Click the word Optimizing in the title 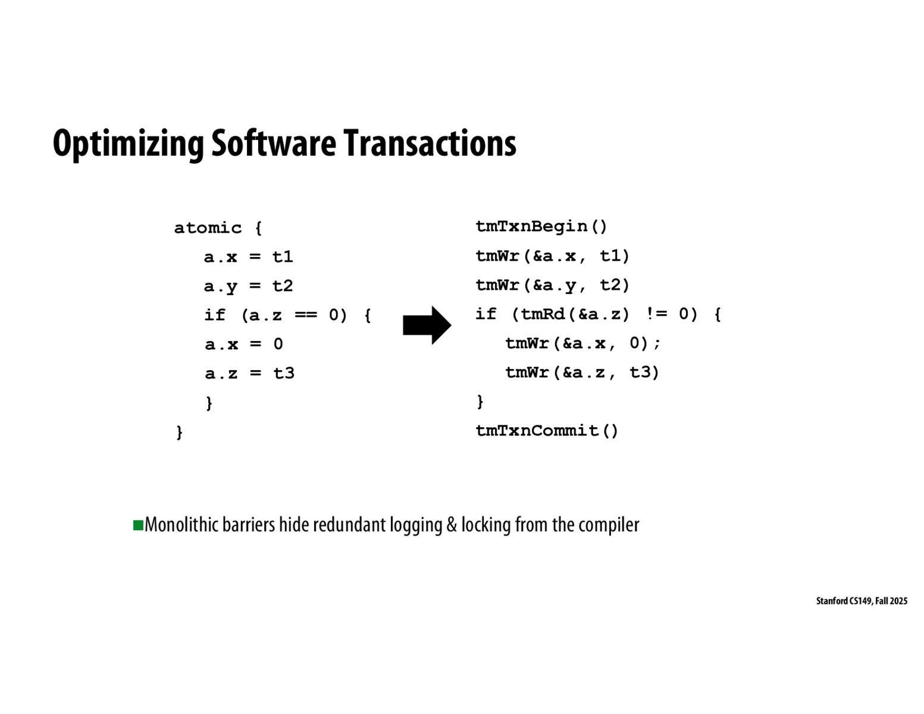129,145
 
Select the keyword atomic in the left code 208,228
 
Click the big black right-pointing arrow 427,325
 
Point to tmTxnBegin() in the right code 541,227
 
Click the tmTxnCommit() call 547,431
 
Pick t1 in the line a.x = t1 283,257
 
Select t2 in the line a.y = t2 283,286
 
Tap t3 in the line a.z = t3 284,374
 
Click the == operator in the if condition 306,315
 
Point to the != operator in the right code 656,314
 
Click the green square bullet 138,525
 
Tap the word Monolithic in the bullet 182,525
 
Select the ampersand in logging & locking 452,525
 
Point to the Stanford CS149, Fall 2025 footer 862,600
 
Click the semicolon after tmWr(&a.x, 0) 657,344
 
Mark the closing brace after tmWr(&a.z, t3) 480,402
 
